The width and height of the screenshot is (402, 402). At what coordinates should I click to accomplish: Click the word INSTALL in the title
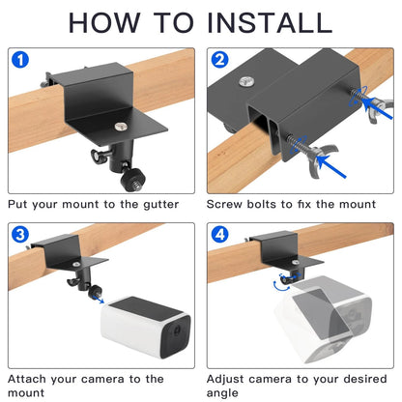click(270, 22)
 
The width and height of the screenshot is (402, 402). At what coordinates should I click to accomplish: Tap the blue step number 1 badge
click(20, 60)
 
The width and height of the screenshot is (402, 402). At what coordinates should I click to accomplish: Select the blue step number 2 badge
click(219, 60)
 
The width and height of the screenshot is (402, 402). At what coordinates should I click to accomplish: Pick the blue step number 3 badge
click(20, 235)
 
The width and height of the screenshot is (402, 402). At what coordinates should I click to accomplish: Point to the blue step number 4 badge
click(219, 235)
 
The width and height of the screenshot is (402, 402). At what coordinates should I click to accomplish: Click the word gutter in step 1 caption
click(160, 205)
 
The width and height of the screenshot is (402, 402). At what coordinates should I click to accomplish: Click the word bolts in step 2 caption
click(262, 204)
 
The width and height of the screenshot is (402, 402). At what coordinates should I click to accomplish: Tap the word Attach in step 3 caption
click(26, 379)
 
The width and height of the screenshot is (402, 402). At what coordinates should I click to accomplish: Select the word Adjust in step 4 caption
click(225, 380)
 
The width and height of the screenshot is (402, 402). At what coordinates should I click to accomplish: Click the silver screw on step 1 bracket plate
click(121, 127)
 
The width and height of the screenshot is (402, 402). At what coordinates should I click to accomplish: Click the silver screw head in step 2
click(246, 81)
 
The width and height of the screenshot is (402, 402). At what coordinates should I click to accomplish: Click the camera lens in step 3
click(177, 330)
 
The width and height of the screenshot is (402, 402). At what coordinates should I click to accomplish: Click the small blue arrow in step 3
click(99, 299)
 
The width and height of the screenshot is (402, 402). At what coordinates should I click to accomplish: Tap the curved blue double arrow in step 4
click(281, 287)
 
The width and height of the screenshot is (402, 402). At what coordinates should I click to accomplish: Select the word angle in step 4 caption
click(222, 393)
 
